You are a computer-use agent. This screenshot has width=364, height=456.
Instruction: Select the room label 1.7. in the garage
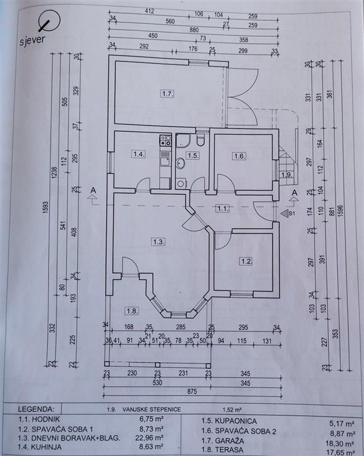(x=167, y=93)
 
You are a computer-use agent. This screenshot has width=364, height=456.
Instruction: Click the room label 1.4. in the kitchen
(x=138, y=154)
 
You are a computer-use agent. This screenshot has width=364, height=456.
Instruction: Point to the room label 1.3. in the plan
(x=158, y=242)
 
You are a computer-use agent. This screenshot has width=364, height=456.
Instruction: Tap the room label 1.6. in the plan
(x=239, y=156)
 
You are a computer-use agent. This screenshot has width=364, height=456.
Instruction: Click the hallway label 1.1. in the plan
(x=223, y=208)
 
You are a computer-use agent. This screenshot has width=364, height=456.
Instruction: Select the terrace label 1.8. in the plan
(x=132, y=311)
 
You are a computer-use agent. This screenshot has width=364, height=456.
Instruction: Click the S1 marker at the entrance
(x=291, y=212)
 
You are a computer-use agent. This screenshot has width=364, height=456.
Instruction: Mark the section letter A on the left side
(x=92, y=191)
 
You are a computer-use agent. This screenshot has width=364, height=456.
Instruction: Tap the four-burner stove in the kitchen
(x=165, y=141)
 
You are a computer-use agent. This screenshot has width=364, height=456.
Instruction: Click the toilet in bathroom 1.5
(x=200, y=140)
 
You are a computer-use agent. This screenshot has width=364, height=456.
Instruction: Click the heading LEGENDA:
(x=36, y=408)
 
